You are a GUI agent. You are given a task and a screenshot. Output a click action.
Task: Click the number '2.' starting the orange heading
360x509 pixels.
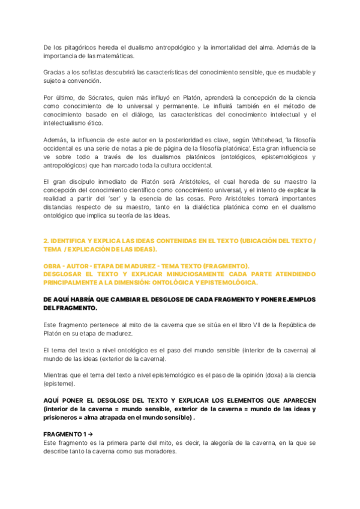[46, 240]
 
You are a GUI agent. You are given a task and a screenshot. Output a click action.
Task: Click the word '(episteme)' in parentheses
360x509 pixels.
[59, 383]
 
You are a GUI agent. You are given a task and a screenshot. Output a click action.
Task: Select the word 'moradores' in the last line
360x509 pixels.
[158, 452]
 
